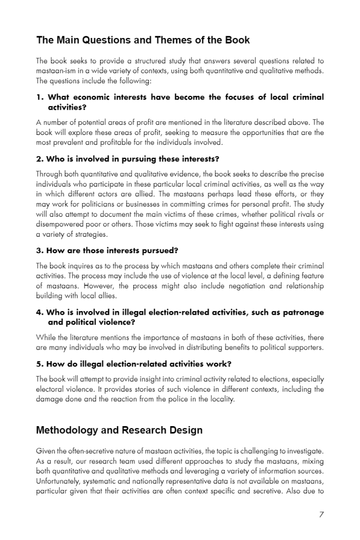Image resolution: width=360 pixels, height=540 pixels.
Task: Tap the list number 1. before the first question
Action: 41,97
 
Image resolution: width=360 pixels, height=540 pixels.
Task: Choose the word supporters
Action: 303,348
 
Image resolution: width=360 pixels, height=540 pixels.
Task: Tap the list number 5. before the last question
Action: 40,364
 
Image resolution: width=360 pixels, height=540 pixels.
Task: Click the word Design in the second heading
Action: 186,430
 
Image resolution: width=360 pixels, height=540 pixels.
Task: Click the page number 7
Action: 321,515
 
